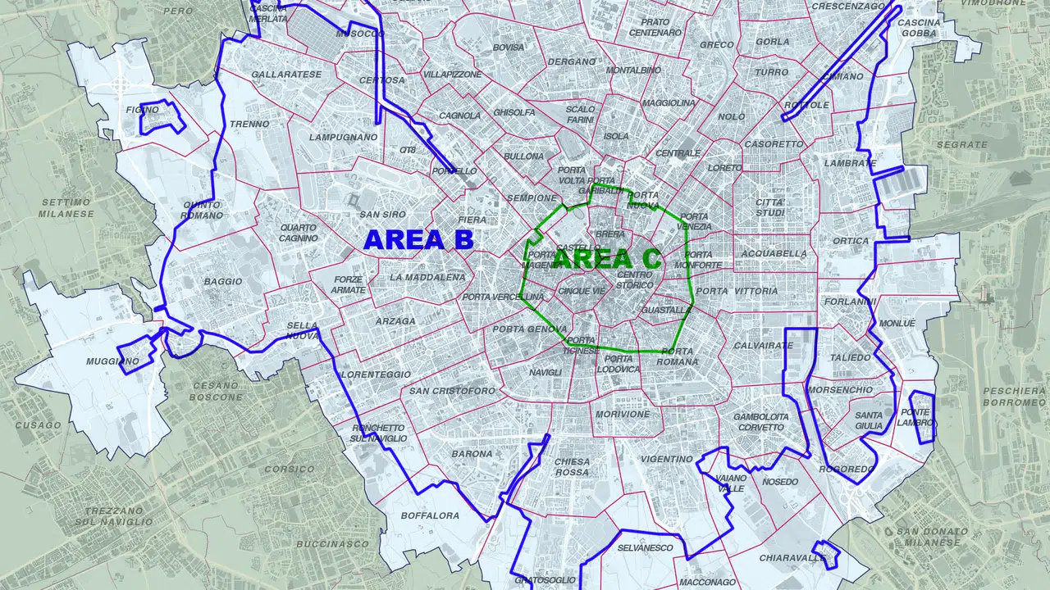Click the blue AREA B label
(x=418, y=239)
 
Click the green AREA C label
(x=607, y=259)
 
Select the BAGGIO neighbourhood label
(x=223, y=282)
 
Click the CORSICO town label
(x=290, y=470)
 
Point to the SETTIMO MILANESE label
(x=66, y=208)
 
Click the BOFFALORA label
(x=431, y=515)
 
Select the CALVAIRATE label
(x=763, y=346)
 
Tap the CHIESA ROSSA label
(x=572, y=467)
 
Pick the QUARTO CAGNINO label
(x=298, y=233)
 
